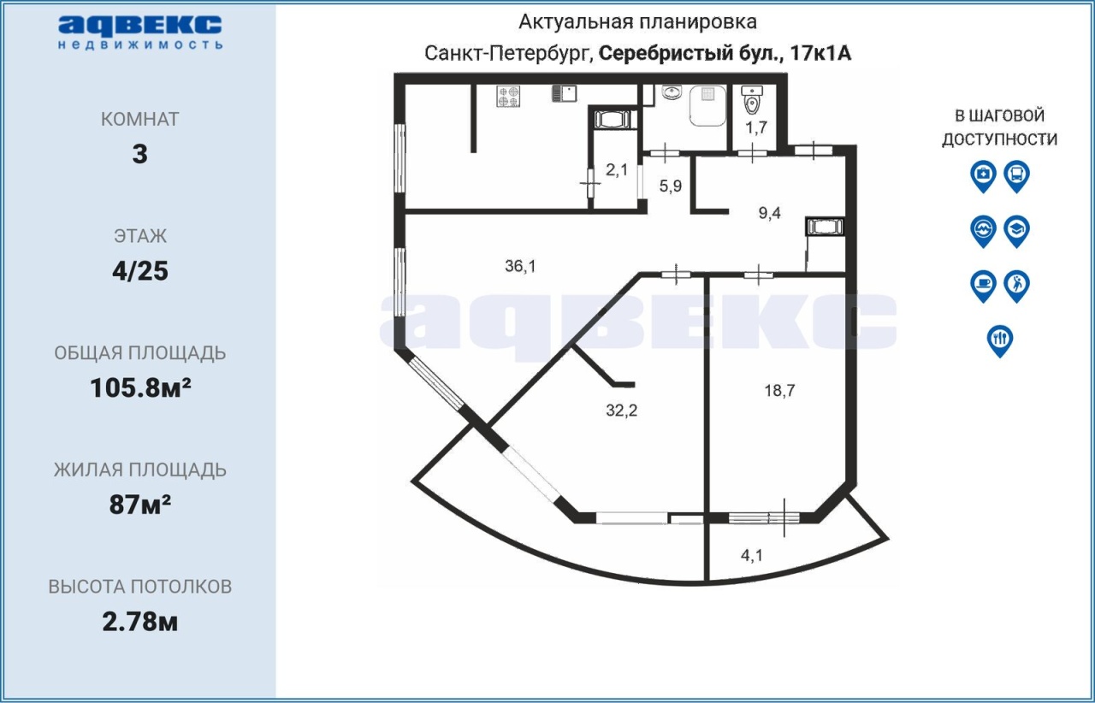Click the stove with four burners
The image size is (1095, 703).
pyautogui.click(x=508, y=96)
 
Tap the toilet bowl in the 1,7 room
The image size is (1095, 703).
pyautogui.click(x=752, y=103)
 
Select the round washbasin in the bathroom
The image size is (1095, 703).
pyautogui.click(x=672, y=92)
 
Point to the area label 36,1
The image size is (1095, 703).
pyautogui.click(x=520, y=266)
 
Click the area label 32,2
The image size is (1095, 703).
pyautogui.click(x=621, y=411)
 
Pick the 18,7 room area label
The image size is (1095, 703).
pyautogui.click(x=779, y=391)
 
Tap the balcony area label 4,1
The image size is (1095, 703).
pyautogui.click(x=752, y=555)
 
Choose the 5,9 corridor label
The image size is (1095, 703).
pyautogui.click(x=670, y=186)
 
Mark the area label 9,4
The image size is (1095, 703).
pyautogui.click(x=769, y=213)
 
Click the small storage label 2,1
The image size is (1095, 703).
pyautogui.click(x=617, y=170)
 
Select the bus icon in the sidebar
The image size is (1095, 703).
pyautogui.click(x=1017, y=176)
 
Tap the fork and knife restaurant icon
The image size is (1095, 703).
pyautogui.click(x=1000, y=340)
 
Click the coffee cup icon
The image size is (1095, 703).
pyautogui.click(x=983, y=286)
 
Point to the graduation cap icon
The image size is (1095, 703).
pyautogui.click(x=1017, y=231)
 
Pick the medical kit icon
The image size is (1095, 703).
pyautogui.click(x=983, y=176)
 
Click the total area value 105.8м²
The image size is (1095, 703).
pyautogui.click(x=140, y=388)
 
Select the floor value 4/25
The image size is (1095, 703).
pyautogui.click(x=140, y=271)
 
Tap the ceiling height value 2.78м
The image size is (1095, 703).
pyautogui.click(x=140, y=622)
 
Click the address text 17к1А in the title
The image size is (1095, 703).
pyautogui.click(x=820, y=53)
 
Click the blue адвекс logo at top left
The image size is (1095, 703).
pyautogui.click(x=140, y=32)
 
